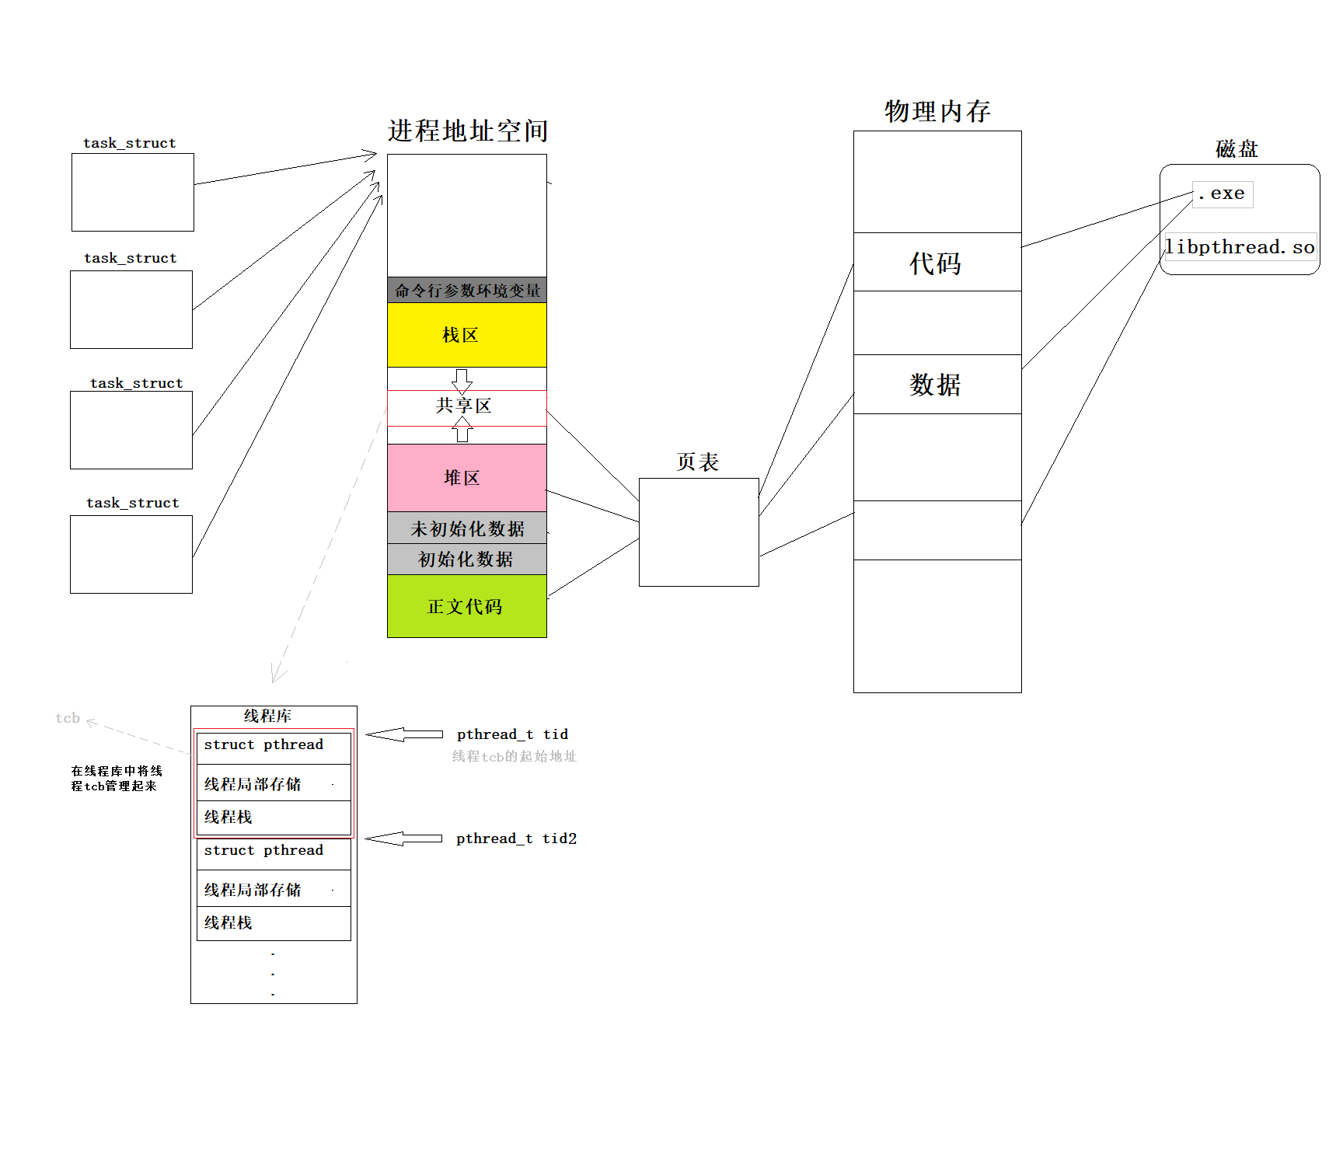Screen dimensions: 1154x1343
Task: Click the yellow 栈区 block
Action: [x=466, y=335]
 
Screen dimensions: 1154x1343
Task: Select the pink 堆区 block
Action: [x=466, y=477]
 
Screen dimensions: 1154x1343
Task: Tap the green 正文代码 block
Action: [x=466, y=606]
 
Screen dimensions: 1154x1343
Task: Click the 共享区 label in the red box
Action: [x=464, y=406]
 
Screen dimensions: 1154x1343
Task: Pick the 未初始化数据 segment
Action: [x=467, y=528]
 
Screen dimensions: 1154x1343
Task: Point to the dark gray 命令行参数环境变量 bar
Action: [x=467, y=291]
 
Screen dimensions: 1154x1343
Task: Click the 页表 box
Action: [x=699, y=532]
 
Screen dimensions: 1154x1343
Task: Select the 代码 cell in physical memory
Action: [x=937, y=263]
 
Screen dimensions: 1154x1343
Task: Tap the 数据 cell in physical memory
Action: [x=937, y=385]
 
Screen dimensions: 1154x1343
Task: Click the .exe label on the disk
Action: [x=1222, y=193]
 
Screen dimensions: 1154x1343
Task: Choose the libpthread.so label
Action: [x=1240, y=247]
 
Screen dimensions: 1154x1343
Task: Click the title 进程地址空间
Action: [x=468, y=131]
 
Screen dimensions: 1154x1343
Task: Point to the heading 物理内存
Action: [x=937, y=111]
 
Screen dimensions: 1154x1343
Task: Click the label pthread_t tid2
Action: [x=516, y=838]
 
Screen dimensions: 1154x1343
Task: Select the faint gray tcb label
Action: [x=68, y=718]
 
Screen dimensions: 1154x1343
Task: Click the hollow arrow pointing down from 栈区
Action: [x=462, y=380]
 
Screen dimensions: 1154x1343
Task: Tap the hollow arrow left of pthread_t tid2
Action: [x=403, y=838]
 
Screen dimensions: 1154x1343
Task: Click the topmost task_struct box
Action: [x=133, y=192]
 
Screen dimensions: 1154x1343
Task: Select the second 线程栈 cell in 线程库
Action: [x=274, y=923]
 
